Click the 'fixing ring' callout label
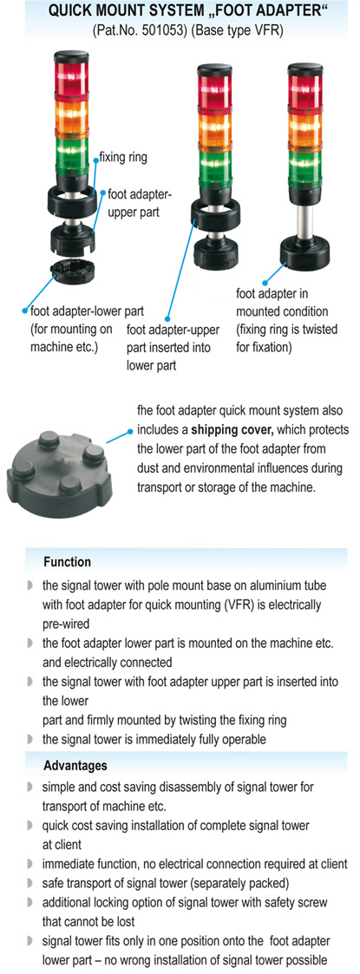coord(123,157)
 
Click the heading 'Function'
coord(67,561)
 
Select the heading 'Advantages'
coord(75,765)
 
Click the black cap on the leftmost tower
coord(71,56)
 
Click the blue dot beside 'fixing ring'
coord(95,160)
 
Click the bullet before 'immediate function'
coord(29,864)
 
